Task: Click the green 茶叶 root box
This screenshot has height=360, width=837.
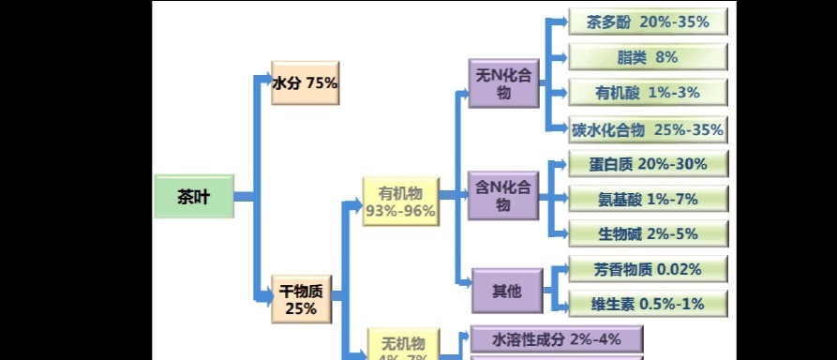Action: coord(193,197)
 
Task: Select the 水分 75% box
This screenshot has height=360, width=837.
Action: coord(305,83)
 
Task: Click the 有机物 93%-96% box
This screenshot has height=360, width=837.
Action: coord(400,202)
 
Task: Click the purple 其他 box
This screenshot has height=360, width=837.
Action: coord(506,292)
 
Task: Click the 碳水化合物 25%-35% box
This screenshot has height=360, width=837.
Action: coord(649,129)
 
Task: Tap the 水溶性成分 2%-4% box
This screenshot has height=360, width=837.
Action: coord(556,338)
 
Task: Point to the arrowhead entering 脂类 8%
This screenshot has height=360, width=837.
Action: coord(562,57)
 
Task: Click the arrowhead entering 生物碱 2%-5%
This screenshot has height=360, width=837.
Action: coord(562,233)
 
